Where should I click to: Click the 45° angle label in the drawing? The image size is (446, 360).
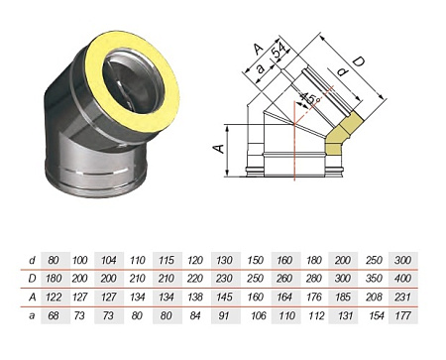[312, 100]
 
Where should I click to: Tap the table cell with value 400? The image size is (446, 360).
[403, 279]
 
